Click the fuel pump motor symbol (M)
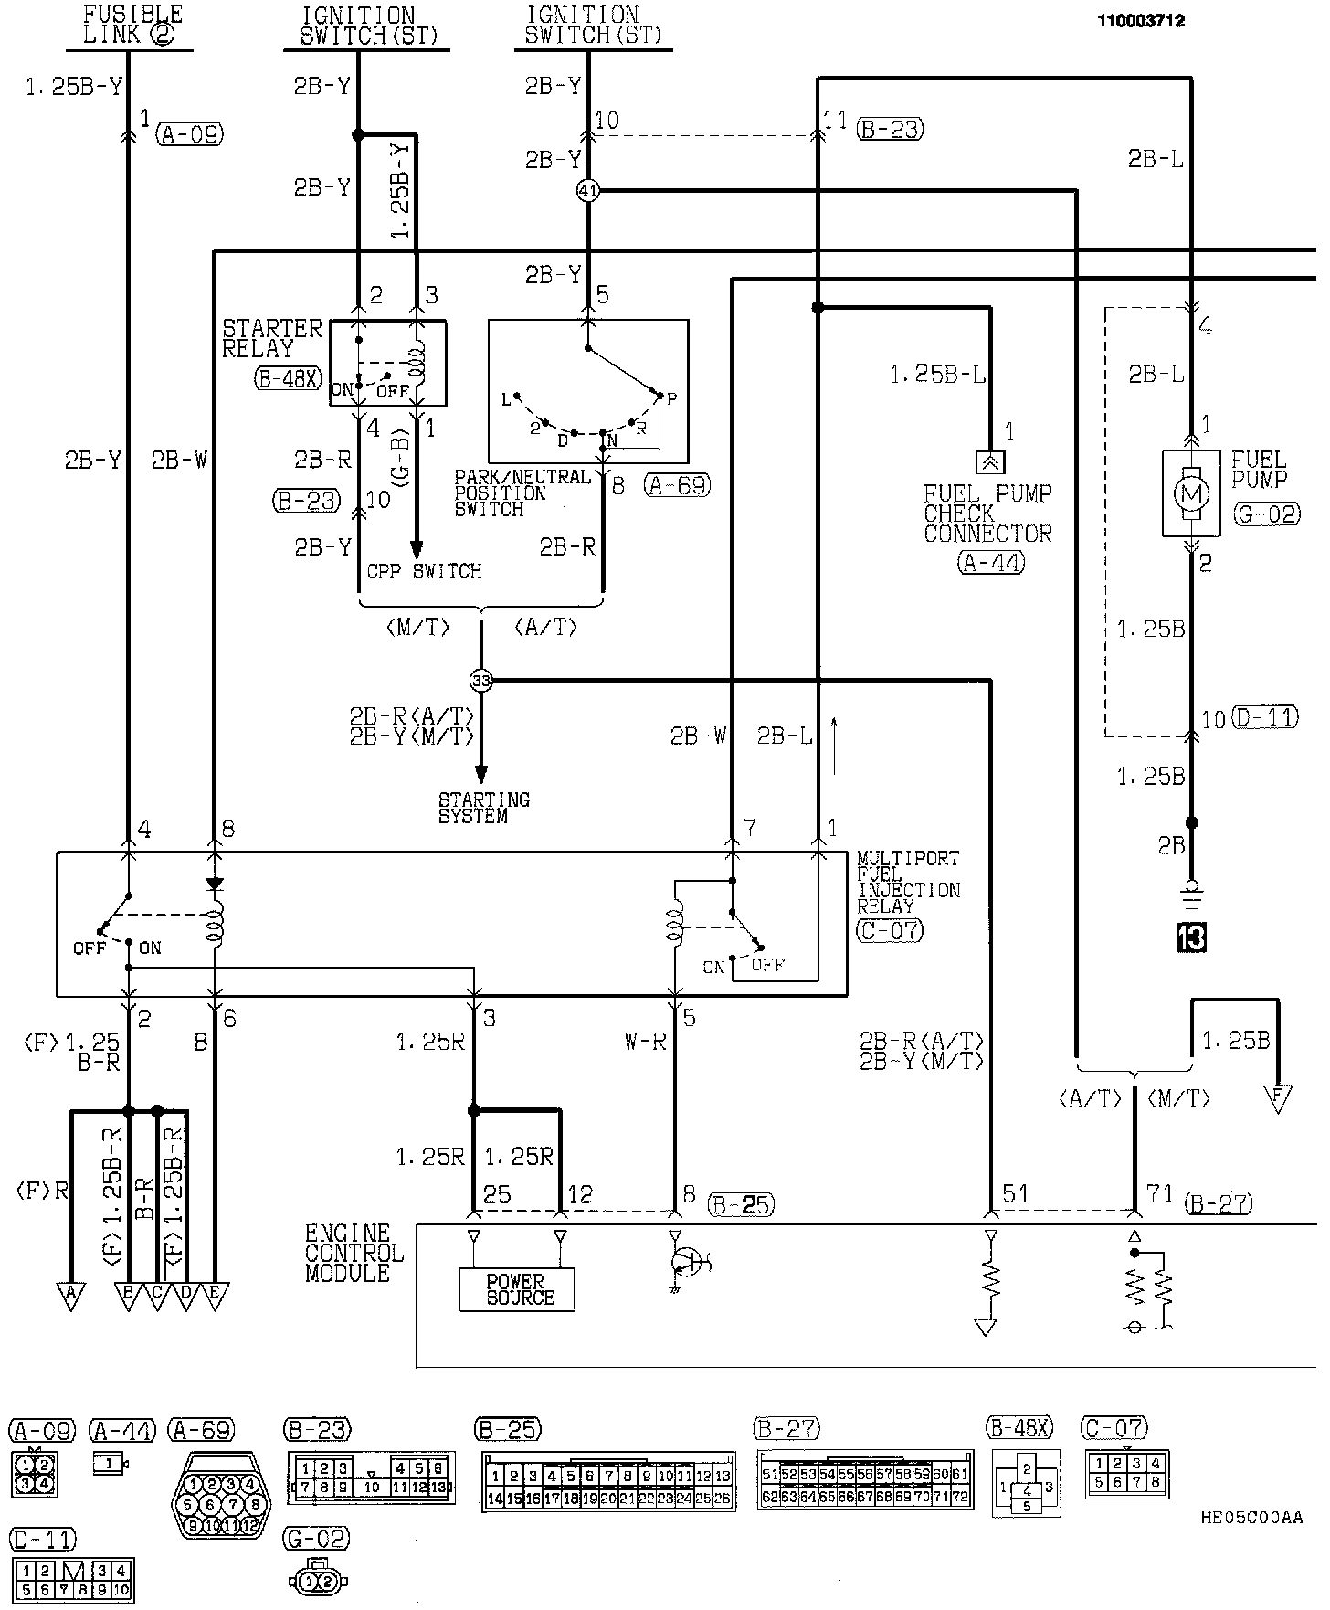1190,493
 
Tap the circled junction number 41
588,191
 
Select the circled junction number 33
480,680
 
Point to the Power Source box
517,1289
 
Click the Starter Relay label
271,337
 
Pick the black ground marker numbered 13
1191,937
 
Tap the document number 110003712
1141,21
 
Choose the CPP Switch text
424,571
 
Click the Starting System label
483,808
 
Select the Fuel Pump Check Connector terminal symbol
989,461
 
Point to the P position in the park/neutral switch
671,398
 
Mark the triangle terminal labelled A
69,1295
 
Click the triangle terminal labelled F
1276,1097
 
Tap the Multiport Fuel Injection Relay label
907,882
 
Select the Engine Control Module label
354,1253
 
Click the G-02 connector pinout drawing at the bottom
317,1581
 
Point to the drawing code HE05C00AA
1251,1518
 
